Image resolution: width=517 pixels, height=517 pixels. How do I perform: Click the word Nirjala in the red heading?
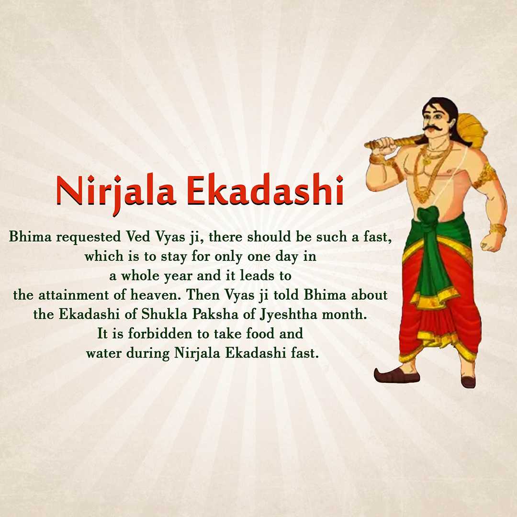click(x=116, y=193)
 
